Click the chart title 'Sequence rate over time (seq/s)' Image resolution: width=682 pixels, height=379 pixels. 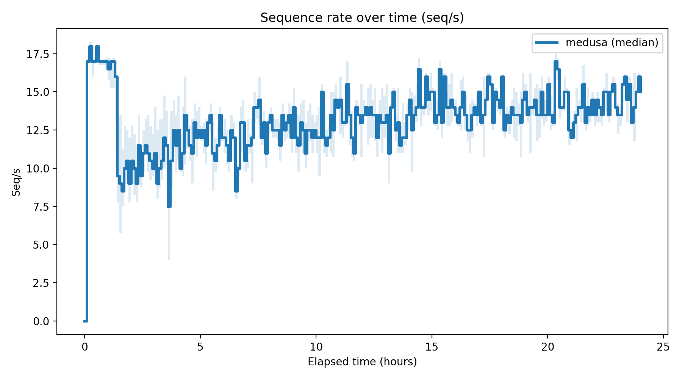[x=362, y=18]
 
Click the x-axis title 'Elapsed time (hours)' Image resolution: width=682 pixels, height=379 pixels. [x=362, y=362]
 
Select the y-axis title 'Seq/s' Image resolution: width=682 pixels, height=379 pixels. [x=16, y=182]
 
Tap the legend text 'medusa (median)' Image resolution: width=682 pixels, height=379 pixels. [x=612, y=42]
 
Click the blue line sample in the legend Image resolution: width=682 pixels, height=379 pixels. [x=546, y=42]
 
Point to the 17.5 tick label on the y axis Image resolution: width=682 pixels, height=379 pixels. [x=38, y=54]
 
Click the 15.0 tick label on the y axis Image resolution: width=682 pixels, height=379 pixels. [x=38, y=92]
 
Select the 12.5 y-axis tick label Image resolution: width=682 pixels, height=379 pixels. [x=38, y=130]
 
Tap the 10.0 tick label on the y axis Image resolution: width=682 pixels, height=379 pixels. [x=38, y=168]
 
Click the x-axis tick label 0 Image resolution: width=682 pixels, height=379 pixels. [x=84, y=347]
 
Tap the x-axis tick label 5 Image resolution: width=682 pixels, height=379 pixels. [x=200, y=347]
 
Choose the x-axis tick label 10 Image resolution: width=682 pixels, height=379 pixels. [x=316, y=347]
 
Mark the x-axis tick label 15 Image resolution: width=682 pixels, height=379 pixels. [x=432, y=347]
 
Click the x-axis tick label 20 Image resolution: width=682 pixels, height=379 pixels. [x=547, y=347]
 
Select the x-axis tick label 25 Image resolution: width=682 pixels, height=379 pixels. [x=663, y=347]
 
